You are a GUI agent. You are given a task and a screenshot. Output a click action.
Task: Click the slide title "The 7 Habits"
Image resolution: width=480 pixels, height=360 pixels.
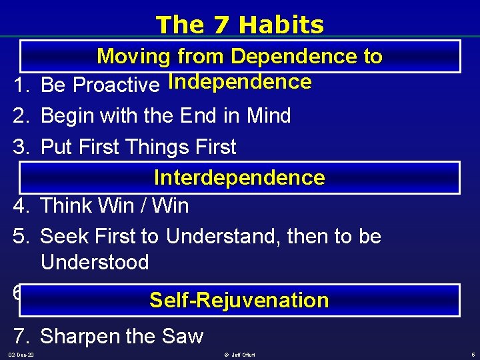click(239, 25)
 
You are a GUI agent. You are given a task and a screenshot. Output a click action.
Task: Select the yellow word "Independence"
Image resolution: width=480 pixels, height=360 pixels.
click(240, 82)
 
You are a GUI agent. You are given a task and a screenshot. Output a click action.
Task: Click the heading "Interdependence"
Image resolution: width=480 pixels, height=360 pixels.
click(239, 177)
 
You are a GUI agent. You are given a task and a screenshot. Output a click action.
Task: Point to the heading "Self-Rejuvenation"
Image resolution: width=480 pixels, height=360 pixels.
click(239, 300)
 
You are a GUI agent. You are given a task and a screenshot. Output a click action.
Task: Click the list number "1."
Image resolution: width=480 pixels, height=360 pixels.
click(22, 85)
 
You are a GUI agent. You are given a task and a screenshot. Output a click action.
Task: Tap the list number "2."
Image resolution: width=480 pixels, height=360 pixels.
click(22, 116)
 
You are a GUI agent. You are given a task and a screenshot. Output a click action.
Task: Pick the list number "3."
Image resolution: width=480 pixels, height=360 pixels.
click(22, 147)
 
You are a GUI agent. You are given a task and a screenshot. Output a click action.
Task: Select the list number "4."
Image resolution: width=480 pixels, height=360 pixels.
click(22, 206)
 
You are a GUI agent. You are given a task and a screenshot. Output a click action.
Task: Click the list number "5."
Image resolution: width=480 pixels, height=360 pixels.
click(22, 236)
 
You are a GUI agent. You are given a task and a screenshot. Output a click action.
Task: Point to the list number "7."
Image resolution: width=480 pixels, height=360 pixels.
click(22, 336)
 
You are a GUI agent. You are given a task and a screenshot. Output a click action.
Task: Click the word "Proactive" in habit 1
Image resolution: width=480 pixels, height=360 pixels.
click(116, 85)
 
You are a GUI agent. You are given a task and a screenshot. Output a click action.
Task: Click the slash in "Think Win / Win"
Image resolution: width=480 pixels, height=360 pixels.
click(143, 206)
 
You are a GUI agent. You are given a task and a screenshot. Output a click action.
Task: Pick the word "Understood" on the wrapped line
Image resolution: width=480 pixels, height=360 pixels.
click(95, 262)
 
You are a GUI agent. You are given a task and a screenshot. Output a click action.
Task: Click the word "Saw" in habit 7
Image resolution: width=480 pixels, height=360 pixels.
click(182, 336)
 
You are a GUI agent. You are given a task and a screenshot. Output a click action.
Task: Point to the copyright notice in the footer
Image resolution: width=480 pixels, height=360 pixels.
click(239, 355)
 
